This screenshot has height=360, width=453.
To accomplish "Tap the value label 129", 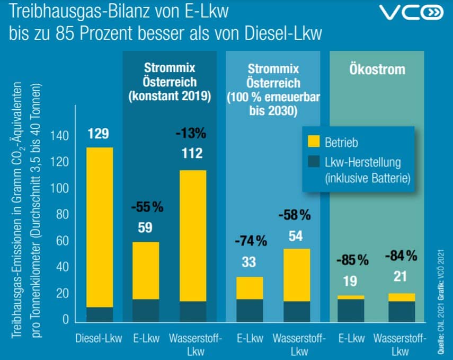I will pyautogui.click(x=99, y=134).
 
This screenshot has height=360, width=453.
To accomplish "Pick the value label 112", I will pyautogui.click(x=191, y=154).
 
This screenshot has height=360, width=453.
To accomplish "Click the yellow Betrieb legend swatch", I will pyautogui.click(x=314, y=142).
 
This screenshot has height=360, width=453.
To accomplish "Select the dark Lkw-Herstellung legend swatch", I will pyautogui.click(x=314, y=162).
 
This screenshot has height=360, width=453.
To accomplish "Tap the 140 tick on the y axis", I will pyautogui.click(x=62, y=136).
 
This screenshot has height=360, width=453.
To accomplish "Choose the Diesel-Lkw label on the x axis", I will pyautogui.click(x=99, y=338).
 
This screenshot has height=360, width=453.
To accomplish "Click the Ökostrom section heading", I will pyautogui.click(x=377, y=70).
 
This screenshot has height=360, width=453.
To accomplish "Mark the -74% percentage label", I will pyautogui.click(x=250, y=241).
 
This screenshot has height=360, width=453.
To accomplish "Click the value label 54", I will pyautogui.click(x=296, y=235).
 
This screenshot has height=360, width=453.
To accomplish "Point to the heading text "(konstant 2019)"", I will pyautogui.click(x=170, y=97).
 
